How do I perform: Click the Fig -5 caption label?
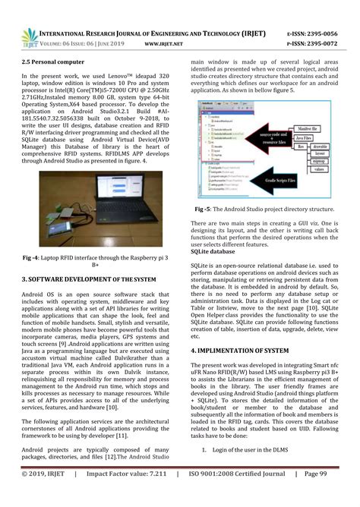[x=204, y=209]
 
